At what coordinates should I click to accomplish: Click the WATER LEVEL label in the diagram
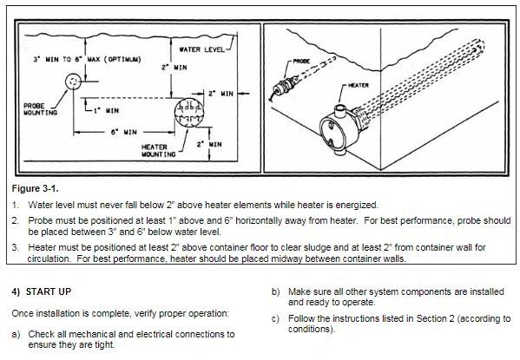[201, 49]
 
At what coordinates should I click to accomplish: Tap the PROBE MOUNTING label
[40, 109]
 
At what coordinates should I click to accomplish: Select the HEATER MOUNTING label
[158, 150]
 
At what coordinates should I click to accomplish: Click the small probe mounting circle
[73, 82]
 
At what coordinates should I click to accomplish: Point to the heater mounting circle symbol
[188, 113]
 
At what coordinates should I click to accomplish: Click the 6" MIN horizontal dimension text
[123, 132]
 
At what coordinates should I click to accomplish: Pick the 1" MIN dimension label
[106, 110]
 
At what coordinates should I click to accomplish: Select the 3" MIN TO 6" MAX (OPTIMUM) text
[87, 59]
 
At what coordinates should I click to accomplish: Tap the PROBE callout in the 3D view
[301, 61]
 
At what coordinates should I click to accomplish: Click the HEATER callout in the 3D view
[359, 85]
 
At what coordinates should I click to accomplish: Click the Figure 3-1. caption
[35, 189]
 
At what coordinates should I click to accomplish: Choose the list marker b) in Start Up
[276, 292]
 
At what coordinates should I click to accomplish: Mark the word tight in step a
[105, 344]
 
